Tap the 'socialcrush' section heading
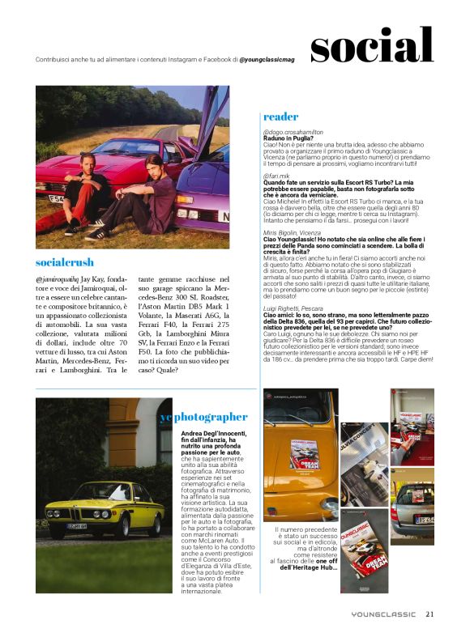(65, 262)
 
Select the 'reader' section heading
(281, 117)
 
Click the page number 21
(430, 614)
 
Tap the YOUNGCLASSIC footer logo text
(378, 614)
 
